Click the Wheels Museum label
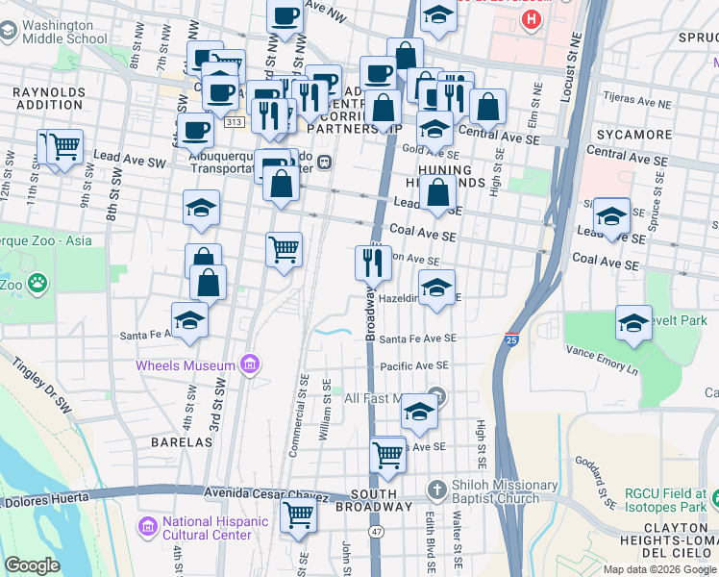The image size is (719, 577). pyautogui.click(x=185, y=365)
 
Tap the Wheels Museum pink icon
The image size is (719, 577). pyautogui.click(x=250, y=364)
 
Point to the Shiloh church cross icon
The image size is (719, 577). pyautogui.click(x=436, y=488)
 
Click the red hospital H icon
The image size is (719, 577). pyautogui.click(x=529, y=19)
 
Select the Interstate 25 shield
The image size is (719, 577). pyautogui.click(x=511, y=339)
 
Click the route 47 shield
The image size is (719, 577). pyautogui.click(x=377, y=530)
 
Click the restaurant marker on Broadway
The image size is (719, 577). pyautogui.click(x=372, y=263)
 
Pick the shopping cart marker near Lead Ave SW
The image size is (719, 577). pyautogui.click(x=65, y=148)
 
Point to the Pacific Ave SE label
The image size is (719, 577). pyautogui.click(x=414, y=366)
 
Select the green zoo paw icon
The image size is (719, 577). pyautogui.click(x=37, y=284)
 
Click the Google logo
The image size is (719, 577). pyautogui.click(x=33, y=564)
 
